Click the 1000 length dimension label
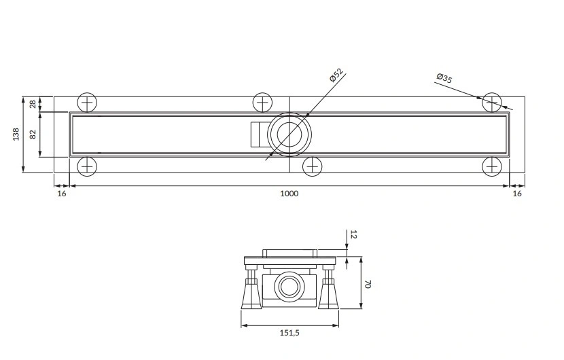coord(289,194)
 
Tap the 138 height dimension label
coord(16,134)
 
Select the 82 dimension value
coord(33,134)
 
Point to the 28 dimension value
coord(33,105)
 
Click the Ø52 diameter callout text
coord(336,75)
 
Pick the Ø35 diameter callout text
coord(444,78)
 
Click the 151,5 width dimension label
coord(289,333)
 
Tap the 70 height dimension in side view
coord(367,285)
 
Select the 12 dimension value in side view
coord(353,234)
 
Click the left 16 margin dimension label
coord(62,194)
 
